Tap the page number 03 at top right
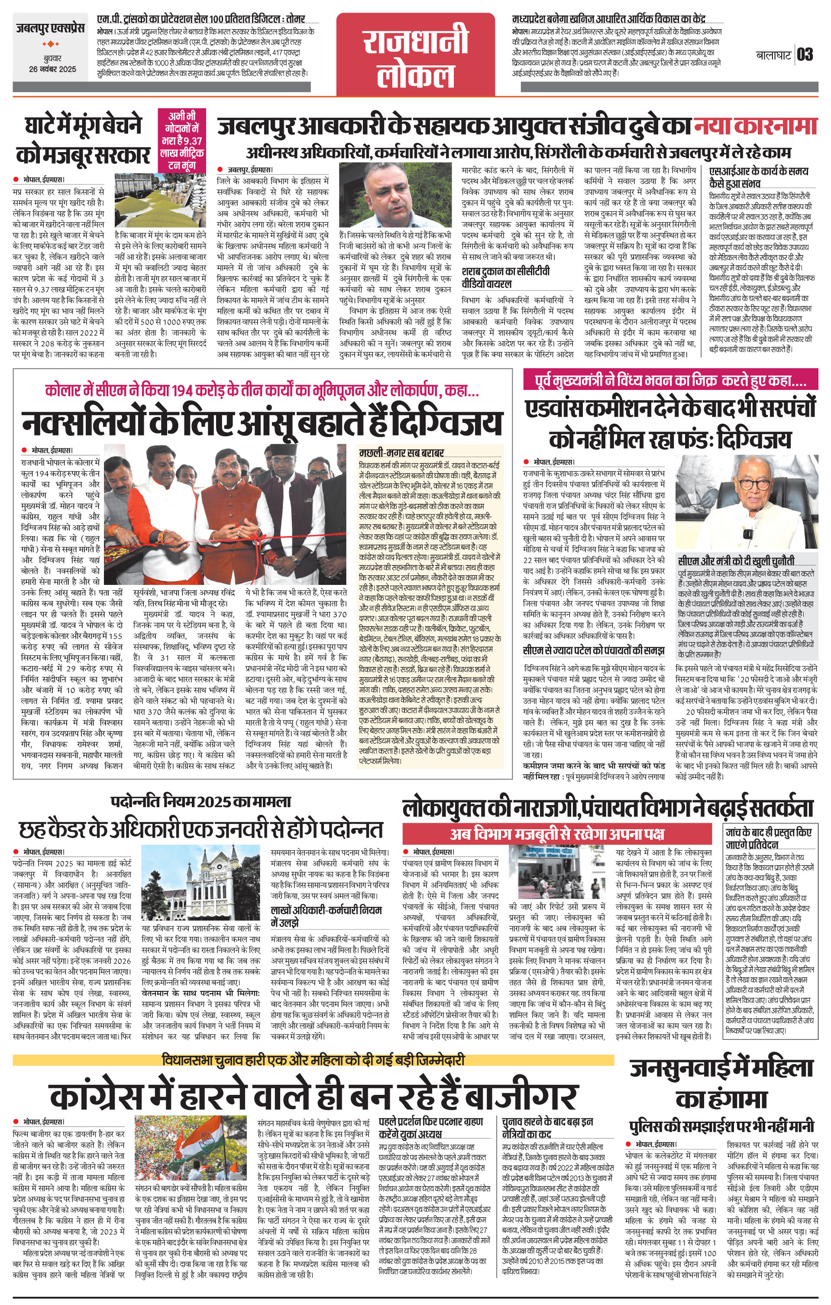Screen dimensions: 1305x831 [805, 55]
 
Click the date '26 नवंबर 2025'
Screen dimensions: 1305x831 [52, 69]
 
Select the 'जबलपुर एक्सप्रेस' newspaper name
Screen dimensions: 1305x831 [50, 27]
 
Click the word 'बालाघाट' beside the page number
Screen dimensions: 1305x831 [773, 55]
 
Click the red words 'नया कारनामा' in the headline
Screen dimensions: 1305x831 [755, 126]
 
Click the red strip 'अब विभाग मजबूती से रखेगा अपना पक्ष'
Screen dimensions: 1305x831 [557, 834]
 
